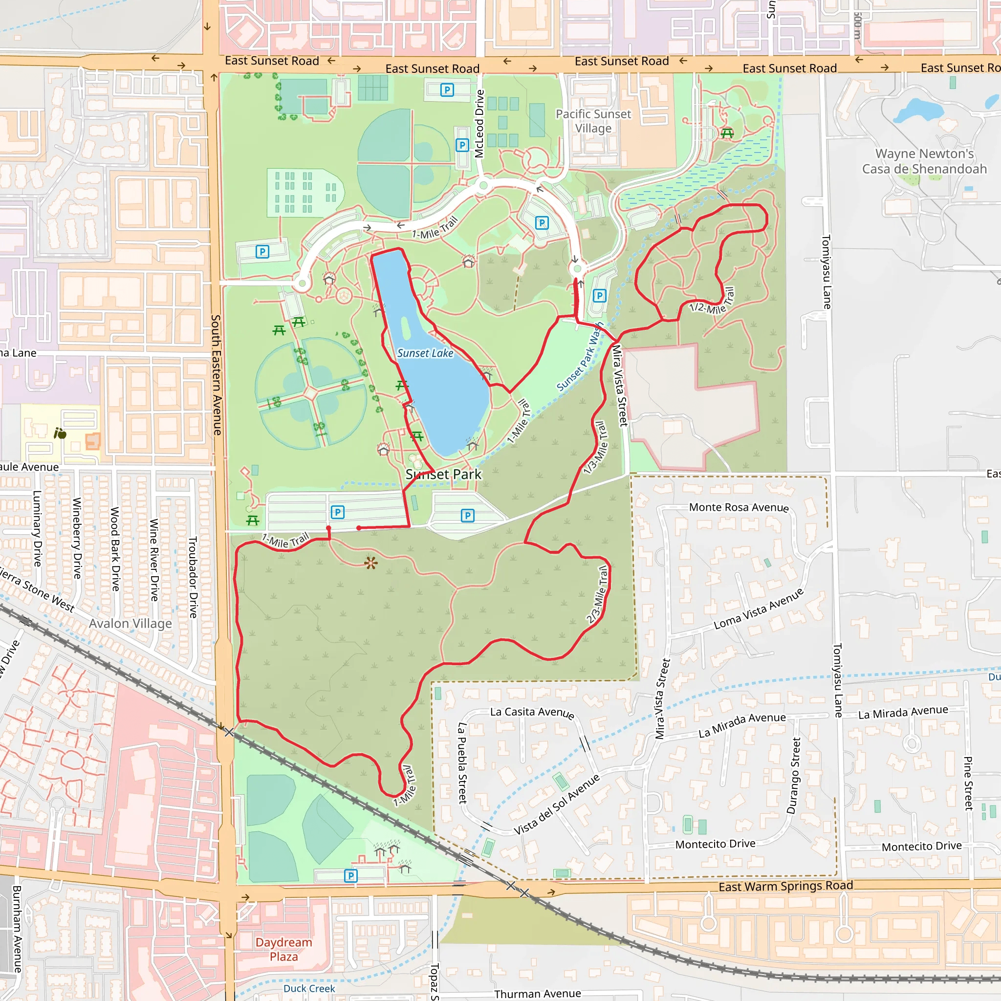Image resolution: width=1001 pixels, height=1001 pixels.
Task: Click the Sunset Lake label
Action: pyautogui.click(x=425, y=353)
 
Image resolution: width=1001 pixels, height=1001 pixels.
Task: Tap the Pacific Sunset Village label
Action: pyautogui.click(x=593, y=121)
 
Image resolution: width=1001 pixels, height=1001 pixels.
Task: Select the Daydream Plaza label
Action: pyautogui.click(x=283, y=949)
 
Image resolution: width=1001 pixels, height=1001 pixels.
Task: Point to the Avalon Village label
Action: pyautogui.click(x=130, y=623)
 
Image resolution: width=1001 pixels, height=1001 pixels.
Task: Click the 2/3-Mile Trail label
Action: pyautogui.click(x=598, y=595)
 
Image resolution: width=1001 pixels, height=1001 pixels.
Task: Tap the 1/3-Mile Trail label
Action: pyautogui.click(x=595, y=448)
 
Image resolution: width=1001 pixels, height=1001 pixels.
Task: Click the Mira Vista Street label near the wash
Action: pyautogui.click(x=619, y=386)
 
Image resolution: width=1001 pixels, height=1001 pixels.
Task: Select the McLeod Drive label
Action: pyautogui.click(x=479, y=124)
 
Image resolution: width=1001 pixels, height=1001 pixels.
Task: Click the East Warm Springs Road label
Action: pyautogui.click(x=785, y=886)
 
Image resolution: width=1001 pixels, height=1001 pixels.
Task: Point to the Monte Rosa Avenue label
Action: pyautogui.click(x=739, y=507)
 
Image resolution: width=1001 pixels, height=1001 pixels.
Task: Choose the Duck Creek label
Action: pyautogui.click(x=309, y=989)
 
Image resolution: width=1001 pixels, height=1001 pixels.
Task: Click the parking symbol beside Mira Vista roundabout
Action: pyautogui.click(x=599, y=296)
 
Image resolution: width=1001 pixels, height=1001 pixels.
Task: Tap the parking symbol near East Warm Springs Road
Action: pyautogui.click(x=351, y=875)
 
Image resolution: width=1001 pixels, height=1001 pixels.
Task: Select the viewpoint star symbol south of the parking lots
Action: pyautogui.click(x=370, y=563)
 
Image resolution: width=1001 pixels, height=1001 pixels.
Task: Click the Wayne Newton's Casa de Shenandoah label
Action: pyautogui.click(x=924, y=161)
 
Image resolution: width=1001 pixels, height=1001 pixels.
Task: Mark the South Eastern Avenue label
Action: pyautogui.click(x=216, y=374)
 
